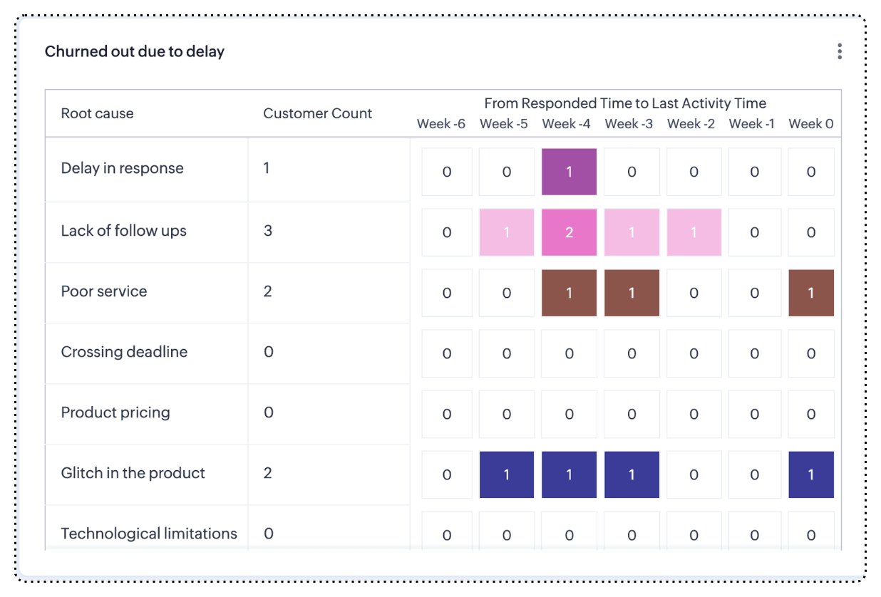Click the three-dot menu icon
[840, 51]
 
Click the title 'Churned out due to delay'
[135, 51]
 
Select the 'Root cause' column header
[97, 113]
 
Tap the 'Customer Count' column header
[317, 113]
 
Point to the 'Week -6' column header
[441, 124]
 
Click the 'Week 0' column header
[810, 124]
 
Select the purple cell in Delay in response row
[569, 172]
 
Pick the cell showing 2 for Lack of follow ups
[569, 232]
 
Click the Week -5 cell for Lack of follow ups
[507, 232]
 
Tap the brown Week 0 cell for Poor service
[811, 293]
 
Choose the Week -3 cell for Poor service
[632, 293]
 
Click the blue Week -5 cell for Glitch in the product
[507, 474]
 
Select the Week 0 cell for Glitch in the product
[811, 474]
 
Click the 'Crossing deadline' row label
[124, 352]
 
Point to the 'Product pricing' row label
[115, 412]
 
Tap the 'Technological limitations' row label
[149, 534]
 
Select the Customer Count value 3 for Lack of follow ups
[268, 231]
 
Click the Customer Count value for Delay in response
[267, 168]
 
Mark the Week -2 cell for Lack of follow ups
[694, 232]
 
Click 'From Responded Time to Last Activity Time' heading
[625, 104]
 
